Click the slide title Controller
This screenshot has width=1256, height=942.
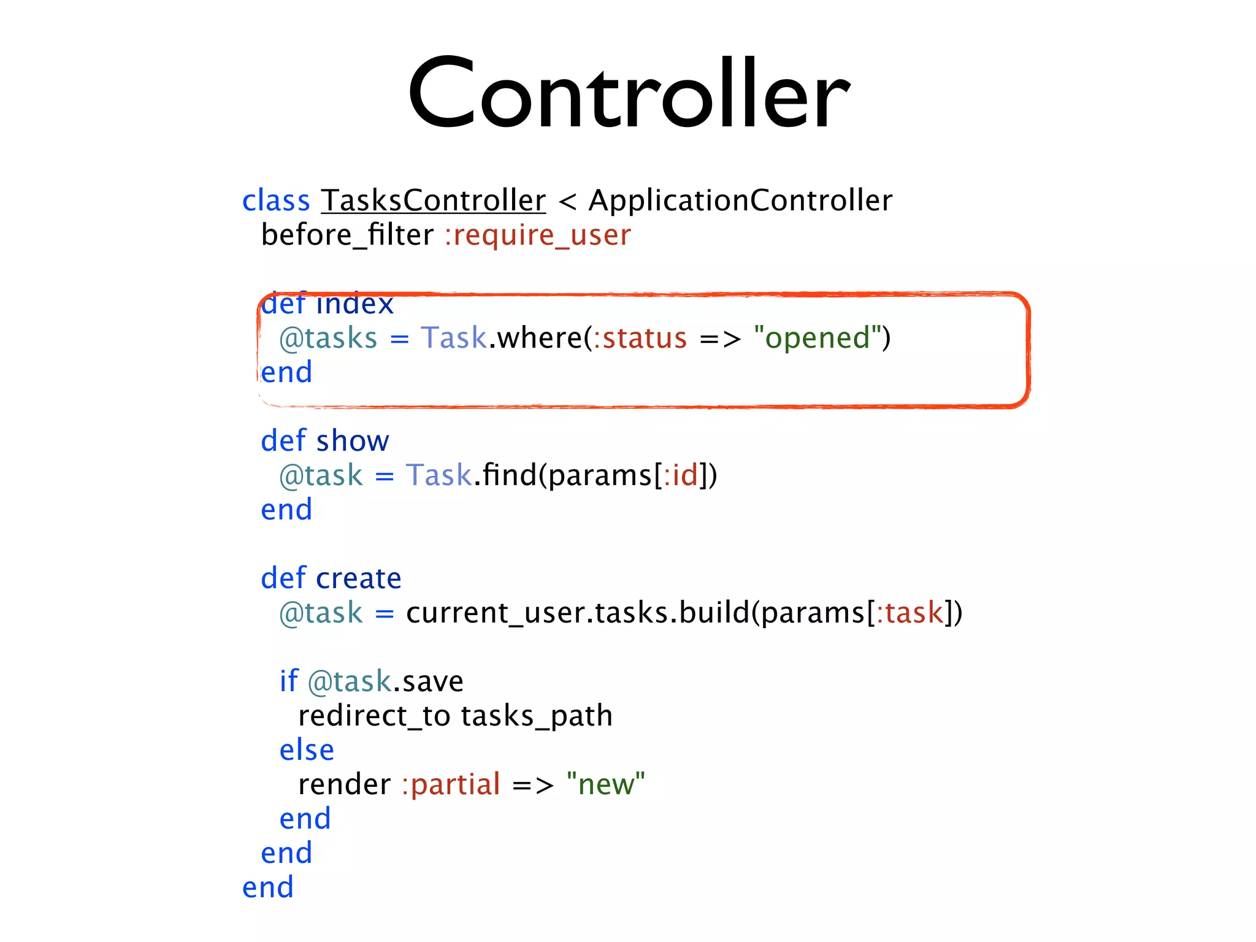629,94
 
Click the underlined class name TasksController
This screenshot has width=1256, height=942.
433,201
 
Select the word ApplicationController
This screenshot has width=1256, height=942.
740,201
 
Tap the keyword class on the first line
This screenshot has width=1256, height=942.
276,201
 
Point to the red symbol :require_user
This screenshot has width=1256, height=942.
538,235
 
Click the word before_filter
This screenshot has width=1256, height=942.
347,235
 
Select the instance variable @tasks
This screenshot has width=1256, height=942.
328,339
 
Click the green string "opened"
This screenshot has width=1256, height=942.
818,338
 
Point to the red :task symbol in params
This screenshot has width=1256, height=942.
909,613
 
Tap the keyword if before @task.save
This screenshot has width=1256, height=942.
288,681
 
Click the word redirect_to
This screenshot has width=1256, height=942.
374,716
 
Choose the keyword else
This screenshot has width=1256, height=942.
307,750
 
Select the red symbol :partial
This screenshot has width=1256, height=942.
451,784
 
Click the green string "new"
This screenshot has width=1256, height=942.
605,784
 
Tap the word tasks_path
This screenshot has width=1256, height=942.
537,716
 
